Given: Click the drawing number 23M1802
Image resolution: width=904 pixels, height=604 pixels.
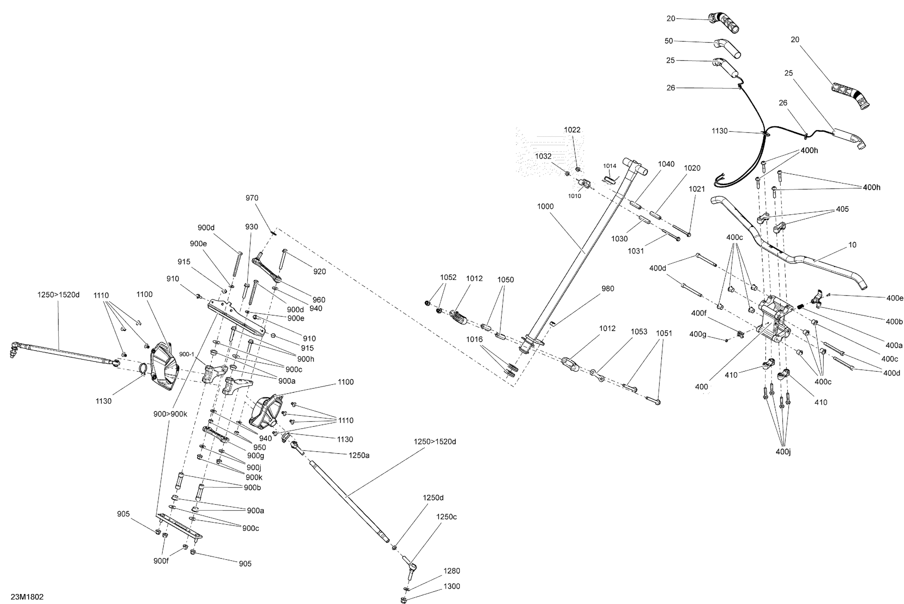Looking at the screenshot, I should pyautogui.click(x=27, y=597).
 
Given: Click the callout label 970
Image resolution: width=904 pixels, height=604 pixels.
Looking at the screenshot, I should pyautogui.click(x=252, y=198).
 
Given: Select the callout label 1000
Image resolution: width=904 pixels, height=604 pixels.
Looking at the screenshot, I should pyautogui.click(x=545, y=206).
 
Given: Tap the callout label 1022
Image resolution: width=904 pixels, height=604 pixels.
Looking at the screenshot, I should pyautogui.click(x=572, y=130).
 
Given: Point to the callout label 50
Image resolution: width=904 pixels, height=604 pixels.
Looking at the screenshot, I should pyautogui.click(x=669, y=41).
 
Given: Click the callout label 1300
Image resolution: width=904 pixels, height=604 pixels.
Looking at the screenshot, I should pyautogui.click(x=451, y=586).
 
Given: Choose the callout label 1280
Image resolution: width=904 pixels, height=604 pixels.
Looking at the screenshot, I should pyautogui.click(x=451, y=571).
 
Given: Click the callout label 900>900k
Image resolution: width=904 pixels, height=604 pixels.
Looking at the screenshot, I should pyautogui.click(x=170, y=414).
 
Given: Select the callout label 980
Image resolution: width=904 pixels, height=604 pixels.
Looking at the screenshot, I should pyautogui.click(x=607, y=289).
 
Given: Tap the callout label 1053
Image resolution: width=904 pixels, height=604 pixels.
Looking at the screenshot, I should pyautogui.click(x=639, y=331).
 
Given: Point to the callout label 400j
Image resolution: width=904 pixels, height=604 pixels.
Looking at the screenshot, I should pyautogui.click(x=783, y=452).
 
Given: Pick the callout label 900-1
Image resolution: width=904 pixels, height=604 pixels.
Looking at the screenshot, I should pyautogui.click(x=187, y=354).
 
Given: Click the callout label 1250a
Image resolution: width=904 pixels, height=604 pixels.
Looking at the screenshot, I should pyautogui.click(x=359, y=455).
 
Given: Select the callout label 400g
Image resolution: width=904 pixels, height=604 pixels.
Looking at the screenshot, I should pyautogui.click(x=698, y=334).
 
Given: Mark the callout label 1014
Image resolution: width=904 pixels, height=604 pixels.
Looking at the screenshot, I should pyautogui.click(x=610, y=166).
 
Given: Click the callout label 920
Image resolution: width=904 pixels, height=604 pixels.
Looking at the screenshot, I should pyautogui.click(x=319, y=271).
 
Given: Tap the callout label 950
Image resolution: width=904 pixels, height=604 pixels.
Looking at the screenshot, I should pyautogui.click(x=260, y=447).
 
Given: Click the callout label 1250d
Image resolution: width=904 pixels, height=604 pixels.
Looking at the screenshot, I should pyautogui.click(x=433, y=498).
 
